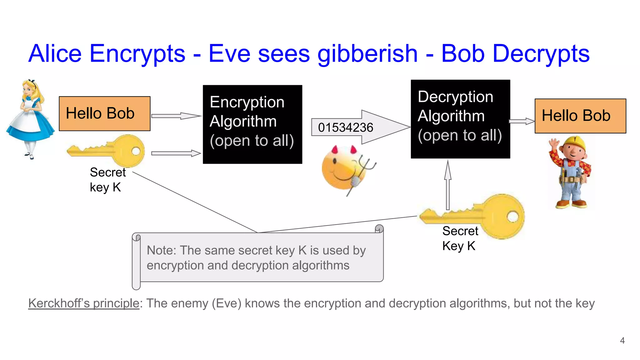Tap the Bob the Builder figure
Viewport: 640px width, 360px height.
click(571, 173)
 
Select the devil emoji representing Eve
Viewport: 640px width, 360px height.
click(345, 169)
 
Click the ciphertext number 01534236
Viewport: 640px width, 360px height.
click(345, 127)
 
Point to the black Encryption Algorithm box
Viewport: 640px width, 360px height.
click(252, 124)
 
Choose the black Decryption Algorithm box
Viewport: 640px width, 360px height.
click(460, 119)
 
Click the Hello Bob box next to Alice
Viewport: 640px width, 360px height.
click(104, 113)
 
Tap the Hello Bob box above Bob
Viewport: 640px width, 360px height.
click(580, 116)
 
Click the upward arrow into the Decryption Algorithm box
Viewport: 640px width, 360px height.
click(448, 184)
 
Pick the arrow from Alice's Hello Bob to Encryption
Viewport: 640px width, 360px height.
click(176, 116)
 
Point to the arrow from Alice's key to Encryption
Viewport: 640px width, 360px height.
click(176, 153)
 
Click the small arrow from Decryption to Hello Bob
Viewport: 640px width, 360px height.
click(522, 121)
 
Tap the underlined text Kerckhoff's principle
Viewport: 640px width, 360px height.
click(83, 303)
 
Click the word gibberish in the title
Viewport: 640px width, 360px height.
click(367, 54)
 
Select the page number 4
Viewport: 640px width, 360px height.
click(622, 340)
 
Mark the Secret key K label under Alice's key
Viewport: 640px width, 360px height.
click(107, 180)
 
